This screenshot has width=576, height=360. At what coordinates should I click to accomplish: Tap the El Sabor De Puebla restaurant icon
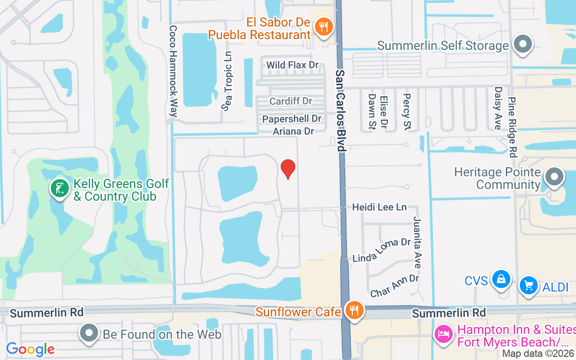pos(323,27)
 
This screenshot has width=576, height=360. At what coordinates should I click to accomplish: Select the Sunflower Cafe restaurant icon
pos(355,310)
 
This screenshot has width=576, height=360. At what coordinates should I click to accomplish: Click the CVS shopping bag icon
pos(500,279)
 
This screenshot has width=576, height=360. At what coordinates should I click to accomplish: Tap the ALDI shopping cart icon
pos(528,285)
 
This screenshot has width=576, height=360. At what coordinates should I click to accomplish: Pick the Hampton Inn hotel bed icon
pos(443,335)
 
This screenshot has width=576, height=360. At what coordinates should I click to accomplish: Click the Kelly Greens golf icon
pos(59,189)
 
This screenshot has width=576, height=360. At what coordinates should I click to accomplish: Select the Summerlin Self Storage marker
pos(523,45)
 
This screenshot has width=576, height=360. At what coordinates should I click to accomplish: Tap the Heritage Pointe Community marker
pos(554,177)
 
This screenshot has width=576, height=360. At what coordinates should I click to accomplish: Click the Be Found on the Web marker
pos(89,333)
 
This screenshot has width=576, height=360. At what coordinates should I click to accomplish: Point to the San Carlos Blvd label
pos(341,110)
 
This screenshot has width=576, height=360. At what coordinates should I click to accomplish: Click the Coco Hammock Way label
pos(173,71)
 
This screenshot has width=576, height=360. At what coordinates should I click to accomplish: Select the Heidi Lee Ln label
pos(379,207)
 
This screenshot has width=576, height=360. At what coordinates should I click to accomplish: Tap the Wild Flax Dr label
pos(292,65)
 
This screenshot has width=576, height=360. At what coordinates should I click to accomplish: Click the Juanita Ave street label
pos(417,242)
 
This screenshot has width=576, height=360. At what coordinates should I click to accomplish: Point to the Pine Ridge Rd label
pos(512,127)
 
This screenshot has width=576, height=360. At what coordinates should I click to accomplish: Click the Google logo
pos(30,349)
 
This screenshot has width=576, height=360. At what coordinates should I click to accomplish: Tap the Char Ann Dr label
pos(395,286)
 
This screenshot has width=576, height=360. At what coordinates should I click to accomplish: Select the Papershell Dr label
pos(292,119)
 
